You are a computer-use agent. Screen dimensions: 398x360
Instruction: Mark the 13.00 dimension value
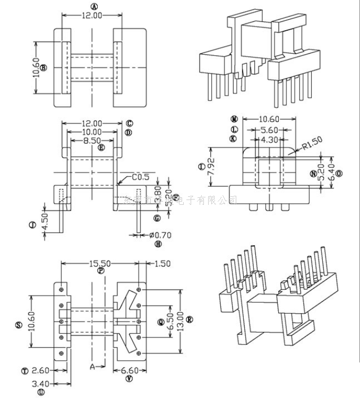pyautogui.click(x=180, y=321)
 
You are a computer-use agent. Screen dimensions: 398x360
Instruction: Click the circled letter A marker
pyautogui.click(x=95, y=6)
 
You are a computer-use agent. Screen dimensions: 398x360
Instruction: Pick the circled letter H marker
pyautogui.click(x=158, y=244)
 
